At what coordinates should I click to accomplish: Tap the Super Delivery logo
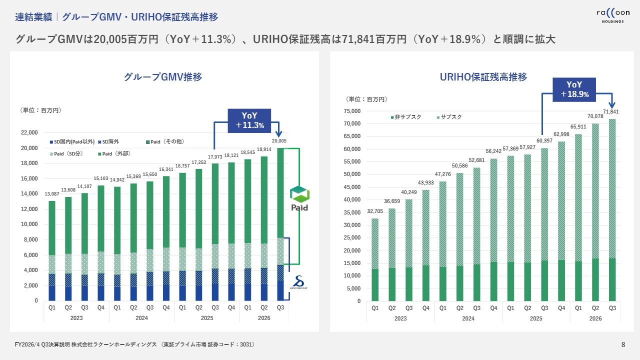(x=300, y=283)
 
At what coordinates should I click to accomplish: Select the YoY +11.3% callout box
(x=249, y=120)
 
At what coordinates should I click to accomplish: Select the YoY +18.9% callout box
(x=574, y=89)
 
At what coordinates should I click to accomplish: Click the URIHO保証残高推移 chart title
(x=483, y=77)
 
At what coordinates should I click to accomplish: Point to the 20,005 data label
(x=279, y=140)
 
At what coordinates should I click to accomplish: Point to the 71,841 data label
(x=611, y=111)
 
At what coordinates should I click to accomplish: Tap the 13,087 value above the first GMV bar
(x=51, y=194)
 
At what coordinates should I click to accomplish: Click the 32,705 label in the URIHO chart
(x=375, y=211)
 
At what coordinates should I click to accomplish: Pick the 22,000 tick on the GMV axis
(x=29, y=132)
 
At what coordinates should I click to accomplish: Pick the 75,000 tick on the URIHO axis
(x=351, y=111)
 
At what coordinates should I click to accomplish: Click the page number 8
(x=623, y=344)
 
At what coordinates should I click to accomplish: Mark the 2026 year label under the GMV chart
(x=264, y=318)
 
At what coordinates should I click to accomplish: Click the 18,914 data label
(x=263, y=149)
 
